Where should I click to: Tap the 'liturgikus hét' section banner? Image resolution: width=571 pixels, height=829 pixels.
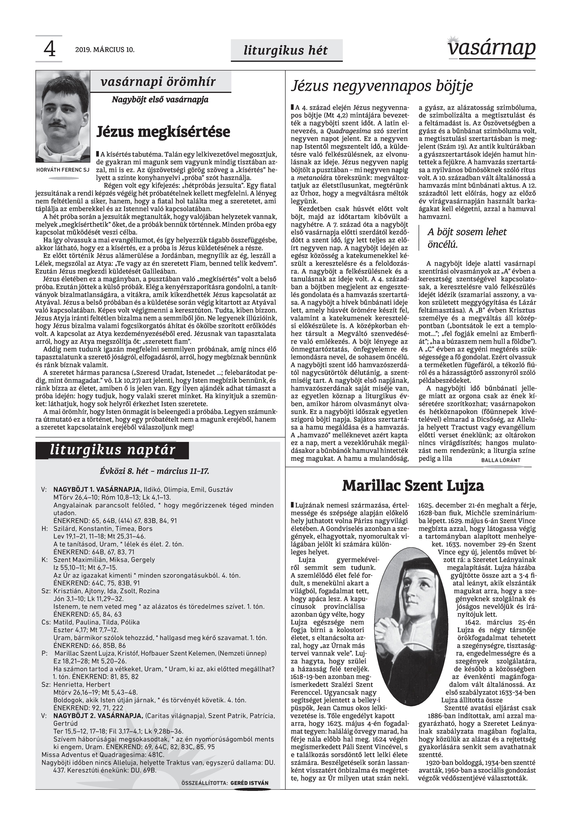coord(286,50)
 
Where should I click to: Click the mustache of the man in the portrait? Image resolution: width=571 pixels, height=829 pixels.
coord(57,124)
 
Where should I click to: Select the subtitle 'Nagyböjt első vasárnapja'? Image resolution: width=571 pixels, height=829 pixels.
coord(160,100)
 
